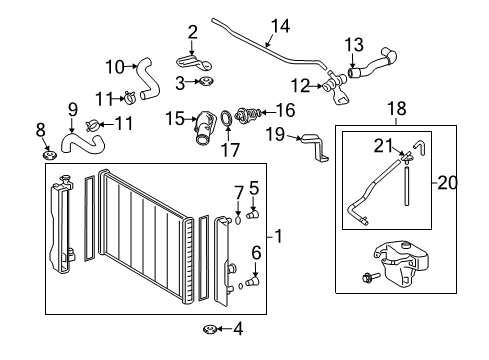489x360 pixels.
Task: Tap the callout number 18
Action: click(396, 107)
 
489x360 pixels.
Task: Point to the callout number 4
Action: click(237, 328)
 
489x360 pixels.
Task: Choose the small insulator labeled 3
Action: click(204, 82)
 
